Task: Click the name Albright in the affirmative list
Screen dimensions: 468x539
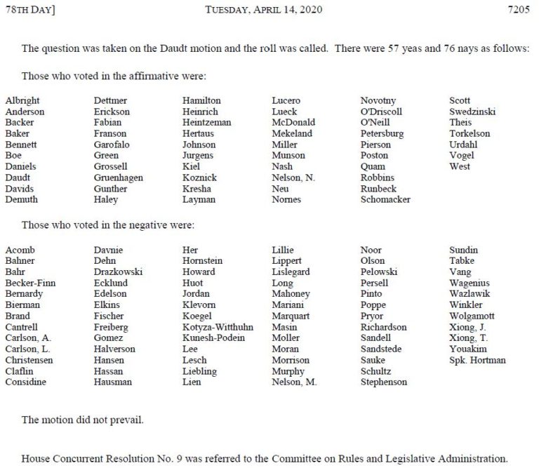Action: tap(22, 100)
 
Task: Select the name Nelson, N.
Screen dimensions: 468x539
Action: tap(293, 178)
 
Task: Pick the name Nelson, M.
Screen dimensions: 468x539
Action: tap(294, 382)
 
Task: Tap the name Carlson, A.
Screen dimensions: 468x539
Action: tap(28, 338)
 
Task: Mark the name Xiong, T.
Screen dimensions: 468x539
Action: tap(467, 338)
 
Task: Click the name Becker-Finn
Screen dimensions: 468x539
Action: tap(30, 283)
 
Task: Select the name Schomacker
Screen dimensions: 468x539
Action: tap(385, 199)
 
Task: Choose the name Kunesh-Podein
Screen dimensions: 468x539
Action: tap(214, 338)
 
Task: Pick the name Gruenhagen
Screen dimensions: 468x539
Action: tap(119, 178)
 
